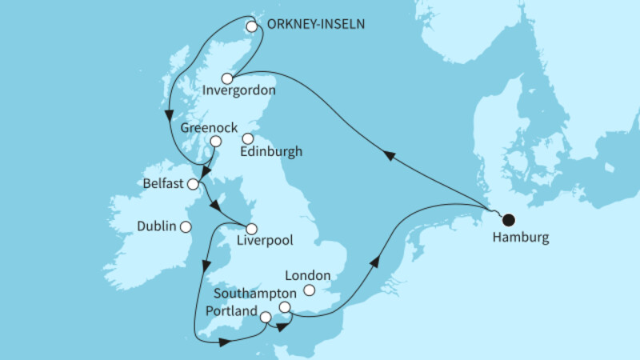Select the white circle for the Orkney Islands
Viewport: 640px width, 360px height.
pyautogui.click(x=252, y=26)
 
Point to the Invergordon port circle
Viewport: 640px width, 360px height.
pyautogui.click(x=227, y=78)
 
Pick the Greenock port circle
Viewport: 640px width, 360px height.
pyautogui.click(x=215, y=142)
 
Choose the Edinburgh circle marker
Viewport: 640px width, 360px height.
pyautogui.click(x=248, y=138)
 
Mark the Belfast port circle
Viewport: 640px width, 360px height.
pyautogui.click(x=193, y=185)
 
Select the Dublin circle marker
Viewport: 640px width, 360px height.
pyautogui.click(x=186, y=226)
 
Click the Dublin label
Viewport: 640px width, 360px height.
pyautogui.click(x=155, y=226)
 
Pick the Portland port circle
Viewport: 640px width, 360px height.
pyautogui.click(x=266, y=317)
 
